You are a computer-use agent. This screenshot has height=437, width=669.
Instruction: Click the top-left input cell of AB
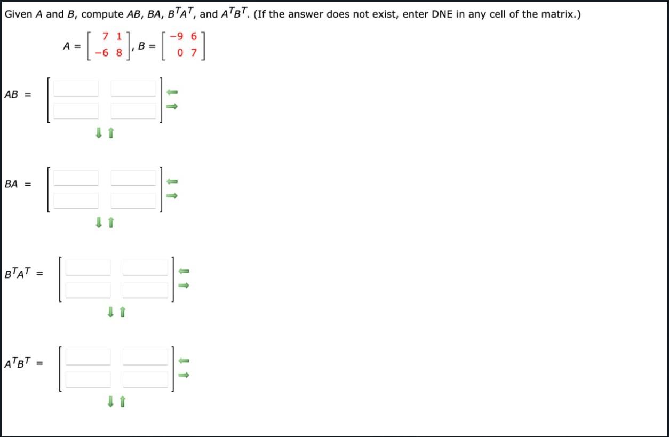coord(76,88)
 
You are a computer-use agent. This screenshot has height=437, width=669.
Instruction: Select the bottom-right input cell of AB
coord(133,110)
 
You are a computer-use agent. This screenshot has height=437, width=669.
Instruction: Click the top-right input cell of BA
coord(133,178)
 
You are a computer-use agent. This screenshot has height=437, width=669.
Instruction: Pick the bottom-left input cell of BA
coord(76,200)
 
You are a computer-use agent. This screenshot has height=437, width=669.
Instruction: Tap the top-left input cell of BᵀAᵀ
coord(88,267)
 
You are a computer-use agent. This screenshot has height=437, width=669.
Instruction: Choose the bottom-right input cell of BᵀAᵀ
coord(145,290)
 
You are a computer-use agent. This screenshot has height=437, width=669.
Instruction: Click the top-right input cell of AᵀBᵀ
coord(145,357)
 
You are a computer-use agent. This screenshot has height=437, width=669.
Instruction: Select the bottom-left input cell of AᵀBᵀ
coord(88,379)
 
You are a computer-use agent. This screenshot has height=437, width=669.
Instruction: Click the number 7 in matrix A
coord(106,37)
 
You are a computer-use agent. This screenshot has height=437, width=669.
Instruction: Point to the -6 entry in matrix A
coord(102,53)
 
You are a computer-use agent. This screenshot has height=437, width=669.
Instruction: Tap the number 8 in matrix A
coord(119,53)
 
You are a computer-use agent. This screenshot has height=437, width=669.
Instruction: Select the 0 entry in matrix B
coord(181,53)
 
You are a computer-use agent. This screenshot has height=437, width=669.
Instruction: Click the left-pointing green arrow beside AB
coord(172,92)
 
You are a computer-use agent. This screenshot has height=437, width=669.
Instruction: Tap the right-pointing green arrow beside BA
coord(172,196)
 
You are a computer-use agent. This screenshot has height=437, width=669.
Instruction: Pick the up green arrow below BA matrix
coord(111,223)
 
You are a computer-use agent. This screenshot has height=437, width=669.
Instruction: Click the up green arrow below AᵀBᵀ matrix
coord(123,402)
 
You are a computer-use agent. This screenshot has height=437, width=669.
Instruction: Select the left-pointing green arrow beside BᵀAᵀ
coord(184,272)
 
